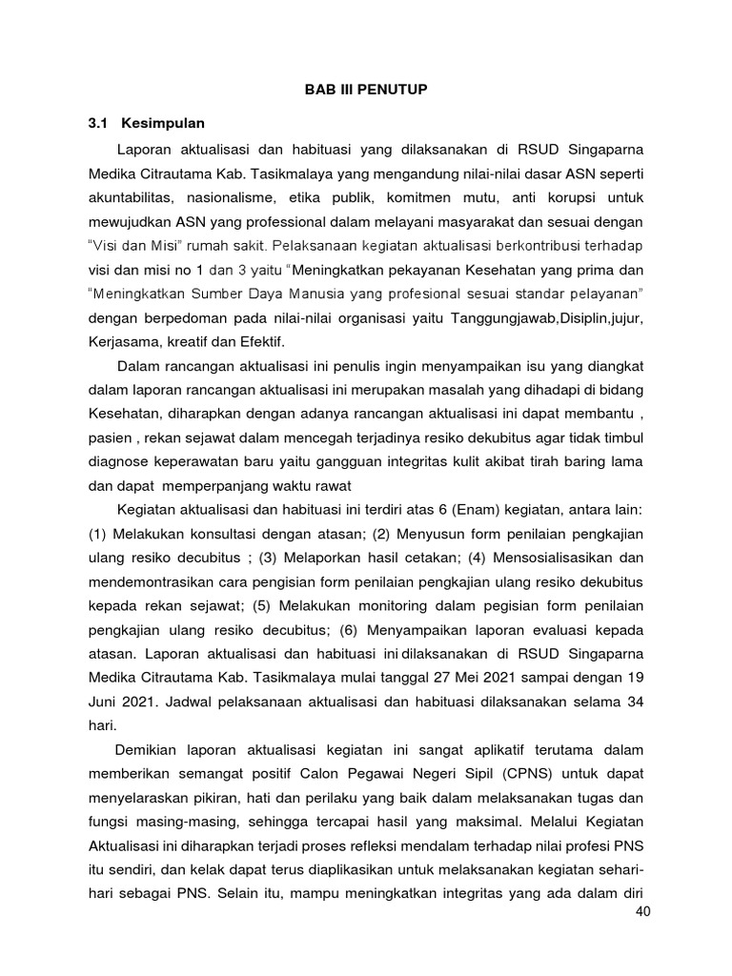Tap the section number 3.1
click(98, 124)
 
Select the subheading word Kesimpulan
click(159, 124)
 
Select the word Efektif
click(268, 341)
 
